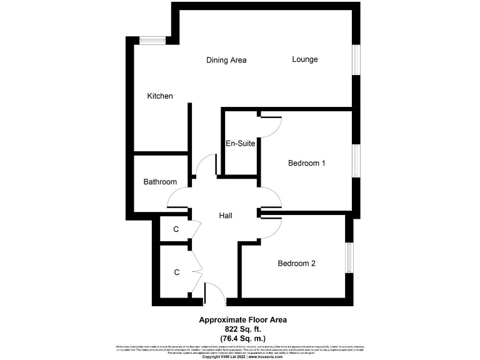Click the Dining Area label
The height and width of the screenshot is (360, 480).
pos(226,60)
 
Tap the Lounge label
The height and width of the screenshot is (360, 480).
pos(305,59)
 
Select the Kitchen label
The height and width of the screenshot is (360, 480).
pos(160,96)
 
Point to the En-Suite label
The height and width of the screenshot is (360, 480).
pos(240,143)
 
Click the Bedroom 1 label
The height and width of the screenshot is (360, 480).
pos(306,163)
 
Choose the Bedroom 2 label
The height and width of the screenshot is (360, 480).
pos(296,263)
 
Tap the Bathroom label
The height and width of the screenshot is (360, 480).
pos(160,182)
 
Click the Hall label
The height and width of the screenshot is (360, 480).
pos(226,216)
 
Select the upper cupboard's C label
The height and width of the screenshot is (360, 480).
pos(176,229)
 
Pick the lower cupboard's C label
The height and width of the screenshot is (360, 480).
pos(177,272)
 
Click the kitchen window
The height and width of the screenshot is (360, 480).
pos(152,41)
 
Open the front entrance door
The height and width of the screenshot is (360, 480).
pos(214,292)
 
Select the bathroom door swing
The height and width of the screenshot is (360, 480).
pos(177,200)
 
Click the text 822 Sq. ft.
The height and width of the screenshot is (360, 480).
pos(242,328)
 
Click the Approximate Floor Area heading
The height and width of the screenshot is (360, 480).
pos(242,319)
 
